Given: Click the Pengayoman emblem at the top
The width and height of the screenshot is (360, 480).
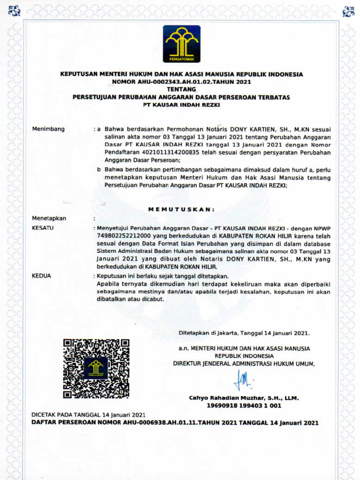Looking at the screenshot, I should click(x=181, y=44).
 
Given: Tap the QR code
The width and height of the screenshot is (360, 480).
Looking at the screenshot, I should click(x=96, y=368).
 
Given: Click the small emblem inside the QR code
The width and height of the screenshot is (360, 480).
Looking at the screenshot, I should click(x=96, y=368).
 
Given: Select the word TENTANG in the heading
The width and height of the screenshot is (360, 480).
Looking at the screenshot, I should click(x=181, y=89).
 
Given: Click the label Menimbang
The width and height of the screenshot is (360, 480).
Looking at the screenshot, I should click(x=48, y=129).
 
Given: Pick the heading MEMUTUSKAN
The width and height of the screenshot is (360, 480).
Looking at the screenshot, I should click(x=181, y=209).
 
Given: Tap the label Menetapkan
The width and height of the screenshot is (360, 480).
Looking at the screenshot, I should click(x=49, y=218).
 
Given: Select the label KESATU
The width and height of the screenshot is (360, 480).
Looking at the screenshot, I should click(x=43, y=228).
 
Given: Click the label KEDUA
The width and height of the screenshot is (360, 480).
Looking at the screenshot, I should click(x=41, y=276).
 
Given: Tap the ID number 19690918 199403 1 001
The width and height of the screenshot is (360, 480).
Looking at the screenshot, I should click(x=244, y=405).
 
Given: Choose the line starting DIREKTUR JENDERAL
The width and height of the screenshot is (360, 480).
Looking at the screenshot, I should click(x=244, y=363).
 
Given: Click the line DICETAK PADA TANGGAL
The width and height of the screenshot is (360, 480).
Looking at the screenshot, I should click(x=88, y=415).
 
